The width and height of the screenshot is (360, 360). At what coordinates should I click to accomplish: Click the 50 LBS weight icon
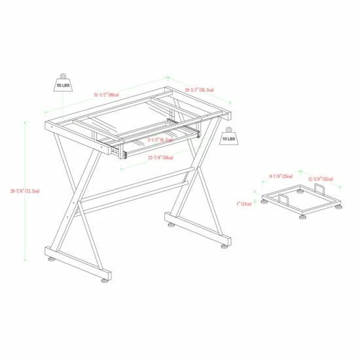point(63,83)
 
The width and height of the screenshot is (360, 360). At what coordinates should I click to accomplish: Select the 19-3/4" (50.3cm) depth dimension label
point(200,90)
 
